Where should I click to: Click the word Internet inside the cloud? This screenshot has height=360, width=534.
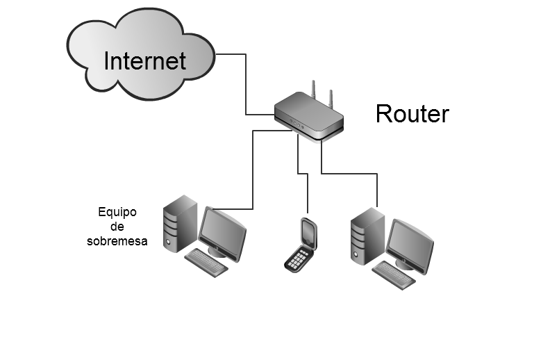click(x=144, y=60)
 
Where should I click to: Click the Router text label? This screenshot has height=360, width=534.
click(x=412, y=113)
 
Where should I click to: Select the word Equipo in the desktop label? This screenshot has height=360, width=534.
click(x=118, y=212)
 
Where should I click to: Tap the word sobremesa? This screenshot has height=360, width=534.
click(x=117, y=241)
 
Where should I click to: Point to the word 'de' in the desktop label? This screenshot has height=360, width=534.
click(x=117, y=227)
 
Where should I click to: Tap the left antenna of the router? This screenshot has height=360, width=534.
click(x=313, y=91)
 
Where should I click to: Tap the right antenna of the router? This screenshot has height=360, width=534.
click(x=331, y=98)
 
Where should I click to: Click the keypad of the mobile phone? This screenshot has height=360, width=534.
click(x=298, y=259)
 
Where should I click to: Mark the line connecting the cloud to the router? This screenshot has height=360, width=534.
click(x=246, y=83)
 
